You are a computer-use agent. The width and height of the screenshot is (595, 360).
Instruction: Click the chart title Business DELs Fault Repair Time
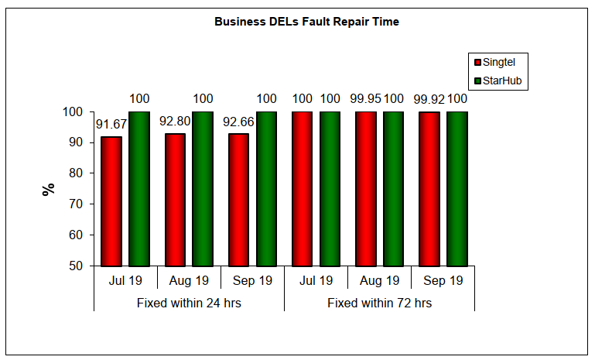(306, 22)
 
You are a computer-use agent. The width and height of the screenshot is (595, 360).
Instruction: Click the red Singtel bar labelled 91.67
(111, 201)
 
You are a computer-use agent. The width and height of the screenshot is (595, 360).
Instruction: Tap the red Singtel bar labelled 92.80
(175, 200)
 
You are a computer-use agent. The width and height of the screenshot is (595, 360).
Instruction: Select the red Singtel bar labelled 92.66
(238, 200)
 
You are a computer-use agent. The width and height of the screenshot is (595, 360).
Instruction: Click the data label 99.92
(429, 99)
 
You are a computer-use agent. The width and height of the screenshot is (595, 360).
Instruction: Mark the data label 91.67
(111, 123)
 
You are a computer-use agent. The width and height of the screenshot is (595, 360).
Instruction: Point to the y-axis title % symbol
(49, 189)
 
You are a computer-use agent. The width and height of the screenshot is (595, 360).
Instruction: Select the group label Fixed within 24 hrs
(189, 303)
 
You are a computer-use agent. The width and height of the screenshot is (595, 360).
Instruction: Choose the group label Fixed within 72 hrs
(379, 303)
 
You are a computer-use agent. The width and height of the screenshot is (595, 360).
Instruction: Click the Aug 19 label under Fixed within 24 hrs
(189, 280)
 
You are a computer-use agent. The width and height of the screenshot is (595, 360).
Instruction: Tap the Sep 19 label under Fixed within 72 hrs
(443, 280)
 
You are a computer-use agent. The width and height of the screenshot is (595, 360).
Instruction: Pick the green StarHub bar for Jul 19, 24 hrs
(139, 189)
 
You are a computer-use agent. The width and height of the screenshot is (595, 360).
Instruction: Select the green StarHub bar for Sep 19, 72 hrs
(457, 189)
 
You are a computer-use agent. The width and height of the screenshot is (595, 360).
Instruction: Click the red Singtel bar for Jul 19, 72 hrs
(302, 189)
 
